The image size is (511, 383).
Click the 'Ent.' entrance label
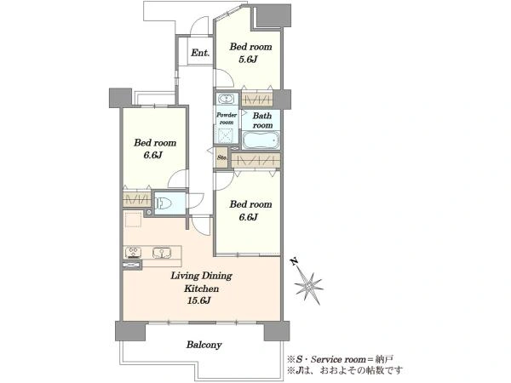pyautogui.click(x=200, y=53)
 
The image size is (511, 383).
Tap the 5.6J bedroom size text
pyautogui.click(x=248, y=60)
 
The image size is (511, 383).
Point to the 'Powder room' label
pyautogui.click(x=227, y=118)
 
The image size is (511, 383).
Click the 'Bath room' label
pyautogui.click(x=262, y=120)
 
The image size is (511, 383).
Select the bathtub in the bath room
pyautogui.click(x=261, y=140)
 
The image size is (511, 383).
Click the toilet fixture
pyautogui.click(x=164, y=203)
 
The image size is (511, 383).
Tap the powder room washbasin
pyautogui.click(x=225, y=98)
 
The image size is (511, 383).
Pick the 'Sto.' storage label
pyautogui.click(x=222, y=157)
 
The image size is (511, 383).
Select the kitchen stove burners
pyautogui.click(x=133, y=253)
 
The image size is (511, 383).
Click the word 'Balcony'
pyautogui.click(x=204, y=345)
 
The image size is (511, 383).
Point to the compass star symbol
pyautogui.click(x=308, y=287)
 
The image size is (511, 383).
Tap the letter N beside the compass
pyautogui.click(x=295, y=261)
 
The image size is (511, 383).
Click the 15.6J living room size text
pyautogui.click(x=198, y=300)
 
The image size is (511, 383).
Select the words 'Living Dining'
pyautogui.click(x=201, y=276)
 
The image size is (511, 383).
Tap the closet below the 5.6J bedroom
pyautogui.click(x=257, y=100)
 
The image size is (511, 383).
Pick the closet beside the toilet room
pyautogui.click(x=136, y=200)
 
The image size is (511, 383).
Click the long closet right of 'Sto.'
pyautogui.click(x=255, y=161)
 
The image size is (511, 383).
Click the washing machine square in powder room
pyautogui.click(x=225, y=135)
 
